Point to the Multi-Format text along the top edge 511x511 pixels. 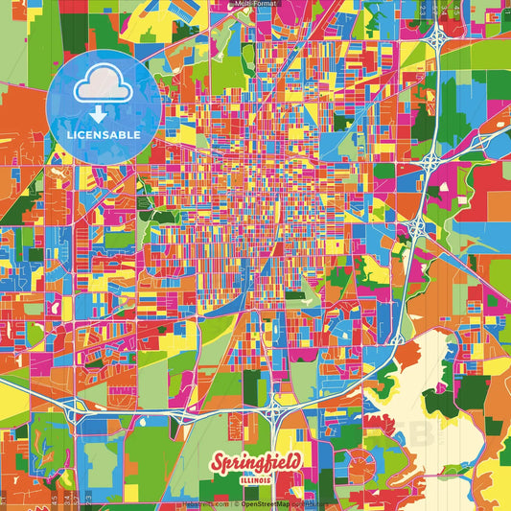(x=255, y=4)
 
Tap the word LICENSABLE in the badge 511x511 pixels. (x=103, y=135)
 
